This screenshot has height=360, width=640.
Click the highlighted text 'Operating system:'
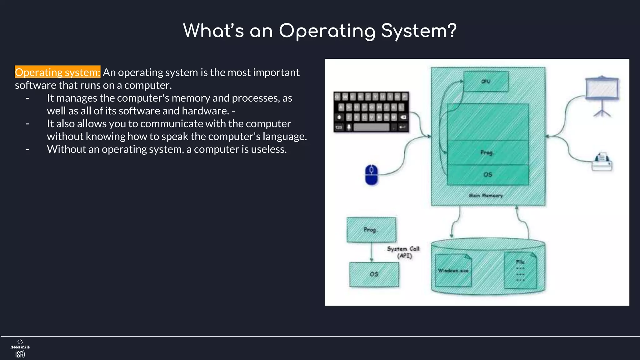[x=57, y=72]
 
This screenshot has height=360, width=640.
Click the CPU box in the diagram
[x=486, y=81]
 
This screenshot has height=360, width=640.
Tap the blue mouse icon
[x=371, y=175]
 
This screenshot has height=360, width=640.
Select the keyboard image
[x=371, y=112]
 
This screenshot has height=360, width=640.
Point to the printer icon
[x=602, y=162]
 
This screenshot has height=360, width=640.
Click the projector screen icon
[x=602, y=94]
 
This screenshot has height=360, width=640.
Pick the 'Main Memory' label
[x=486, y=195]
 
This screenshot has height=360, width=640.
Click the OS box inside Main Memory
[x=488, y=175]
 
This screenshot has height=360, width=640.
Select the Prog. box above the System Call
[x=371, y=230]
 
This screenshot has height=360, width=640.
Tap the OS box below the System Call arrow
[x=374, y=274]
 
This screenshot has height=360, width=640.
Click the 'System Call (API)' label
[x=403, y=252]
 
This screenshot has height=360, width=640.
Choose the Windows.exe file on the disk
[x=453, y=270]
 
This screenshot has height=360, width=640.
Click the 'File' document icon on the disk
[x=520, y=271]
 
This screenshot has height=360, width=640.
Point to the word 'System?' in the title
[x=419, y=31]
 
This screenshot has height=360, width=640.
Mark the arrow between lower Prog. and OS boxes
[x=371, y=252]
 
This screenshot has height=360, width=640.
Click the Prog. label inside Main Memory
[x=487, y=152]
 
